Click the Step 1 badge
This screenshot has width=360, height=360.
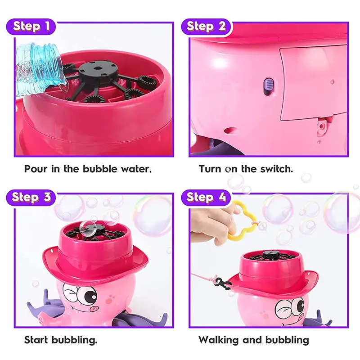(31, 27)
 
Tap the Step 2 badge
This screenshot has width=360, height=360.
(207, 27)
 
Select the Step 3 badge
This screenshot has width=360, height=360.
(31, 198)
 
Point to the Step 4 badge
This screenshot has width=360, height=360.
(206, 198)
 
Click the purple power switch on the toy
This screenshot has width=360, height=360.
(269, 86)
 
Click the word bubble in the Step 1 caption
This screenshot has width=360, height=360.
(100, 169)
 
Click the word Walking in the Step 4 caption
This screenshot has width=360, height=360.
(219, 340)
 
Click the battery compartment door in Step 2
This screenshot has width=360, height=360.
(314, 83)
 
